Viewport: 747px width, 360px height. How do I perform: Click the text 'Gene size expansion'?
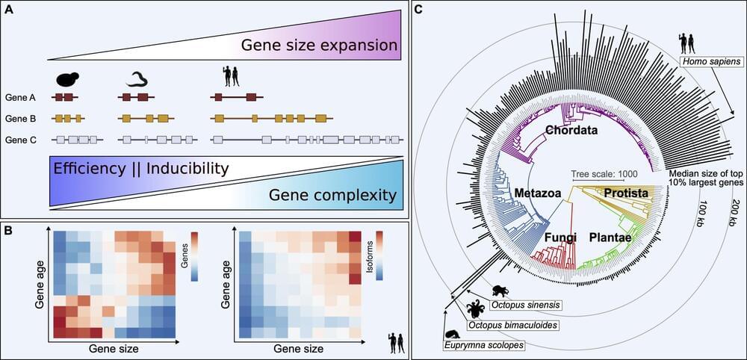319,46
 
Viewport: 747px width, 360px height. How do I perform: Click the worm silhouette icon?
135,79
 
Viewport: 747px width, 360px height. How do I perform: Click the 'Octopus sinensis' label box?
525,305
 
